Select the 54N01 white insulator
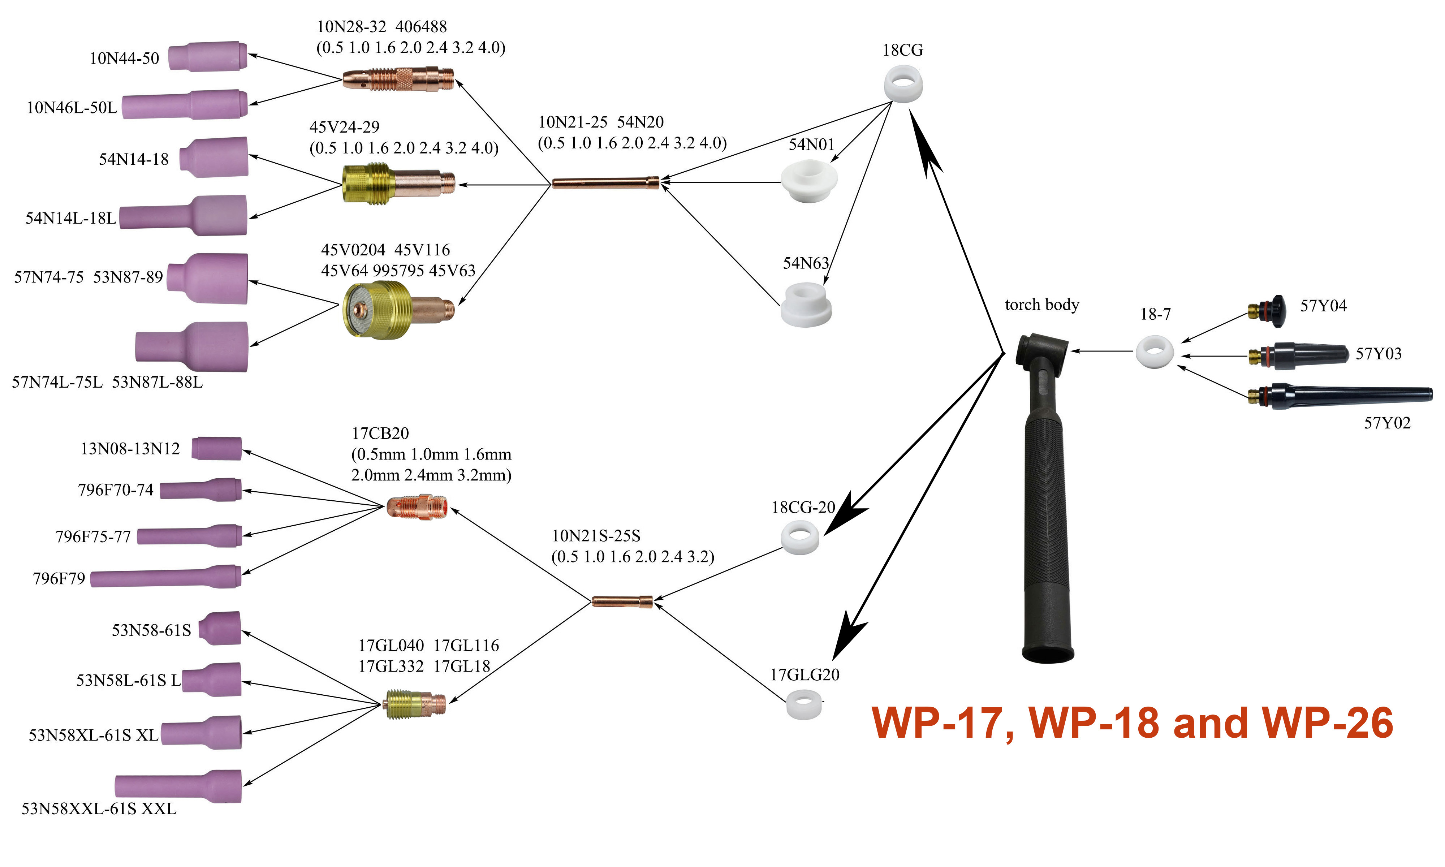(x=809, y=181)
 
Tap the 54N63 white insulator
(x=806, y=305)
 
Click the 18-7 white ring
(x=1154, y=352)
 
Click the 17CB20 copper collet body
(x=417, y=506)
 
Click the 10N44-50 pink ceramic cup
(x=207, y=57)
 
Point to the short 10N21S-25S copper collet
(x=621, y=601)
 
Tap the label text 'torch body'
(x=1041, y=305)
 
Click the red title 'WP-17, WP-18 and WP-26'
(x=1131, y=723)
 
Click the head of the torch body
(x=1043, y=350)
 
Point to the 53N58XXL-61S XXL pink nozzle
(x=178, y=786)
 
